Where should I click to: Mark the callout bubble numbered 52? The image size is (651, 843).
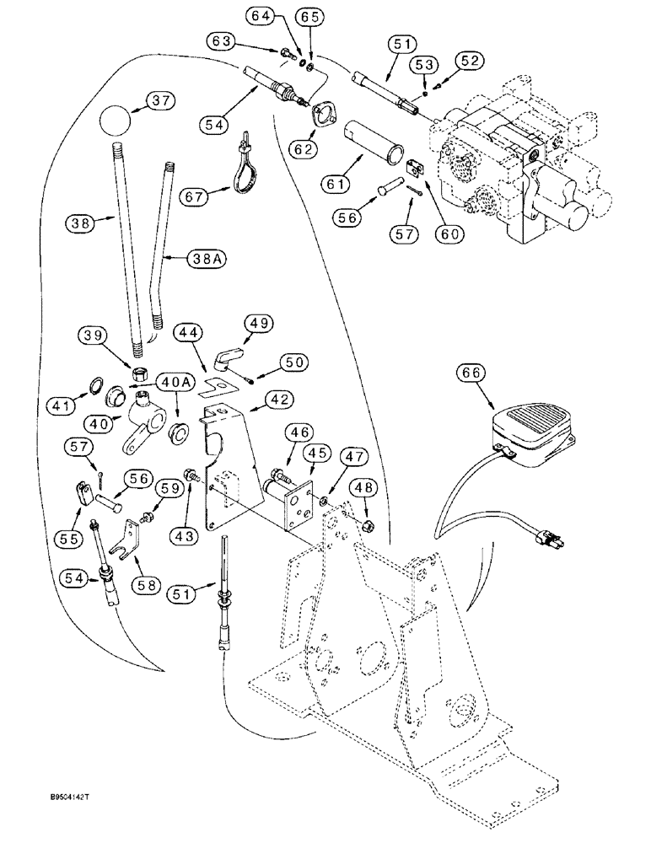pos(470,60)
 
